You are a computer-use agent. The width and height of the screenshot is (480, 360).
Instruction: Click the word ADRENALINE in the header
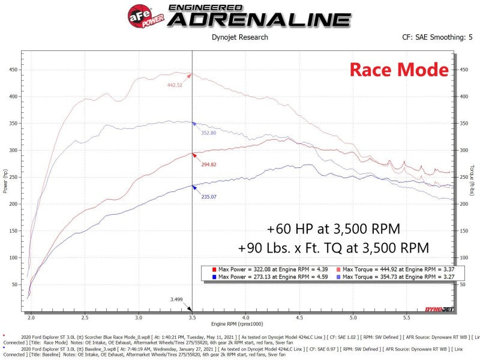click(259, 19)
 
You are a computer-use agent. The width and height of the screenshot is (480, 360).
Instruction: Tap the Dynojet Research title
click(240, 37)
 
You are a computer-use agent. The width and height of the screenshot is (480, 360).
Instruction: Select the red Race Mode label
click(399, 70)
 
